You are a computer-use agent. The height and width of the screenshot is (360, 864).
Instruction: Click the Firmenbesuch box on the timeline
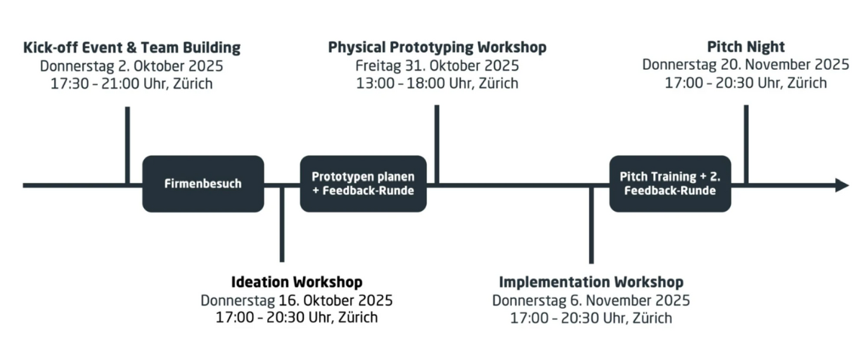(203, 184)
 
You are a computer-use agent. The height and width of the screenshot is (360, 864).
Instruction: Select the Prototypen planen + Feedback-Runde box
(364, 184)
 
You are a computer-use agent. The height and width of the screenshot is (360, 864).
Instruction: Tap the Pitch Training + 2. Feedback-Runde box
(670, 184)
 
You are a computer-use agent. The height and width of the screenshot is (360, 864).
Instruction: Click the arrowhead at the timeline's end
(842, 185)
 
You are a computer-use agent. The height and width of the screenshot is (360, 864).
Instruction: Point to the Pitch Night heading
(746, 47)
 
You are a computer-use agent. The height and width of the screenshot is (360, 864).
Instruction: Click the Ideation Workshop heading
(297, 282)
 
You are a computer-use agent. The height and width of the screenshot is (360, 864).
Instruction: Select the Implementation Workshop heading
(591, 282)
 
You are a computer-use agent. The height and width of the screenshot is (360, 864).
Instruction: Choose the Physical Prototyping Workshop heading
(437, 48)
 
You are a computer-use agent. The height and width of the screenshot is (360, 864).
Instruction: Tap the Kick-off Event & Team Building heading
(132, 48)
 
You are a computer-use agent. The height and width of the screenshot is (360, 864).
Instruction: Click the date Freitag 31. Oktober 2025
(437, 66)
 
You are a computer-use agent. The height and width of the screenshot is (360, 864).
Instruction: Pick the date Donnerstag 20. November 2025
(746, 64)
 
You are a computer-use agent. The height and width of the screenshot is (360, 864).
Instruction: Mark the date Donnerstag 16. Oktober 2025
(297, 300)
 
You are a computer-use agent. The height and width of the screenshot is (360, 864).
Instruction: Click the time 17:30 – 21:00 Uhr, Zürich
(132, 84)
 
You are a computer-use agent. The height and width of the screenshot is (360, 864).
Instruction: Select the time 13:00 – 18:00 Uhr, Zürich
(437, 84)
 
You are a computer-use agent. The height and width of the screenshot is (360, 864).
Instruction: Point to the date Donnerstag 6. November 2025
(591, 300)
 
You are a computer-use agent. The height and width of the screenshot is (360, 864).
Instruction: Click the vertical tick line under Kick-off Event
(127, 145)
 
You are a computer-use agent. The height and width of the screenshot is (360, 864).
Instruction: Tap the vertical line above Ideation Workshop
(282, 225)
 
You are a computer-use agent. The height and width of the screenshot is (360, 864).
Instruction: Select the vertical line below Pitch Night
(747, 144)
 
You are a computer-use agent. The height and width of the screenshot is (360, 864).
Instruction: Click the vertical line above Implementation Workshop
(591, 225)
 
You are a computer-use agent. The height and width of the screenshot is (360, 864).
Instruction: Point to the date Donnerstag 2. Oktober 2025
(132, 66)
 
